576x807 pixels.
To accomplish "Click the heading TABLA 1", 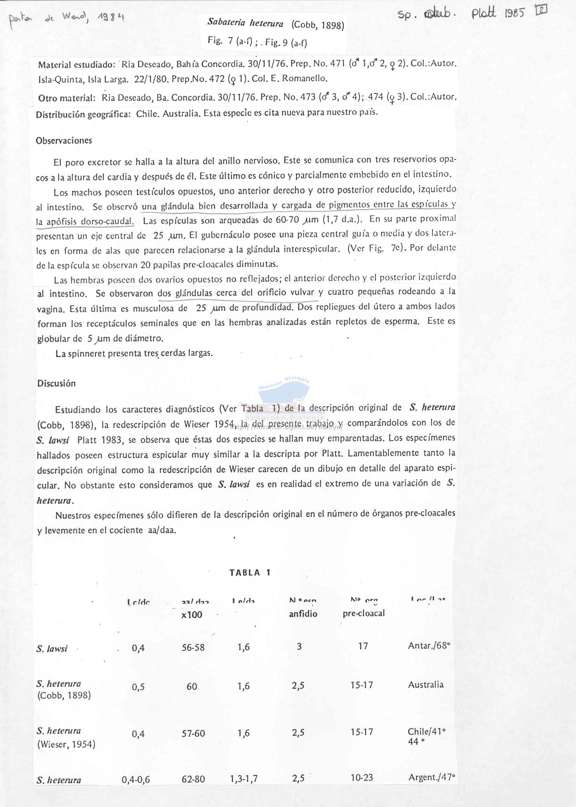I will pos(250,572).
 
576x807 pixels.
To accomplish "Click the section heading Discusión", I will pos(56,383).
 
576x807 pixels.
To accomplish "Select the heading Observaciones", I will pos(64,141).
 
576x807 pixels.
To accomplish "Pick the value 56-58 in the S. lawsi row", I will pos(193,648).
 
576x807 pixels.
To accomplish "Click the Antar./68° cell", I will pos(429,646).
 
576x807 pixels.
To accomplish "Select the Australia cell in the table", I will pos(426,684).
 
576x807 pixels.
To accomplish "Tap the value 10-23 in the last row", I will pos(362,778).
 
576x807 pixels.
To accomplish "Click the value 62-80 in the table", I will pos(193,779).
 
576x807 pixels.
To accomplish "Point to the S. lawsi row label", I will pos(52,649).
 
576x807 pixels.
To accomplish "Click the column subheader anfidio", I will pos(303,614).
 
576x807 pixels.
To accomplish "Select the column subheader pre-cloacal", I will pos(364,614).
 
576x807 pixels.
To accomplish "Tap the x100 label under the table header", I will pos(191,615).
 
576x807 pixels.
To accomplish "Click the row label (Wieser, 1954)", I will pos(66,744).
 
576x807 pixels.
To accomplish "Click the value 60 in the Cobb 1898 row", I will pos(191,686).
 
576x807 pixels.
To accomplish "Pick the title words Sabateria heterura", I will pos(245,23).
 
